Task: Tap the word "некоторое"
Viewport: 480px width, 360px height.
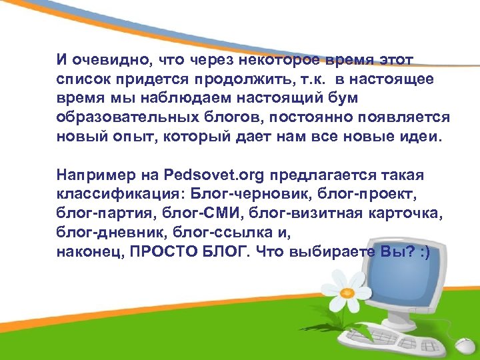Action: click(x=279, y=61)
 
